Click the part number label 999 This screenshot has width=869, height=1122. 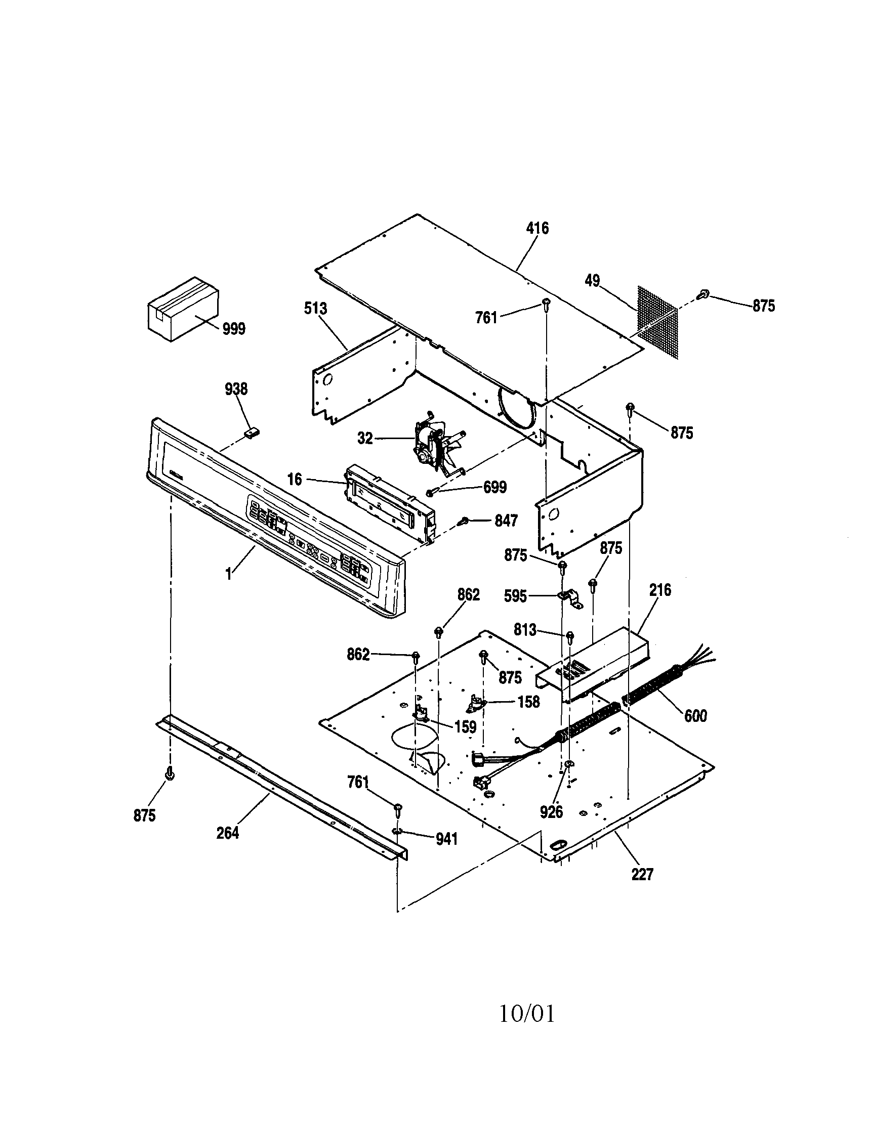pos(234,329)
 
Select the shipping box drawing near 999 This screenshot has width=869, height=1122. pos(183,308)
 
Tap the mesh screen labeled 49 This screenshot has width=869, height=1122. pos(657,323)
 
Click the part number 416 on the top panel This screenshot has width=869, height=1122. pos(537,228)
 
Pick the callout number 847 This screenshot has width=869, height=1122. pos(506,521)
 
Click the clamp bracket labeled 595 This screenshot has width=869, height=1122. pos(569,599)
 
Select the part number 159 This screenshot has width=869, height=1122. pos(465,727)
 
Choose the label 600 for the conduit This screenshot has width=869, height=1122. pos(695,716)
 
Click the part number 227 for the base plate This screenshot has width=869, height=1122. pos(642,874)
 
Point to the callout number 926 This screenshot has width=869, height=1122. pos(551,812)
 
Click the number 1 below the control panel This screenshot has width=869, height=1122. pos(228,574)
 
